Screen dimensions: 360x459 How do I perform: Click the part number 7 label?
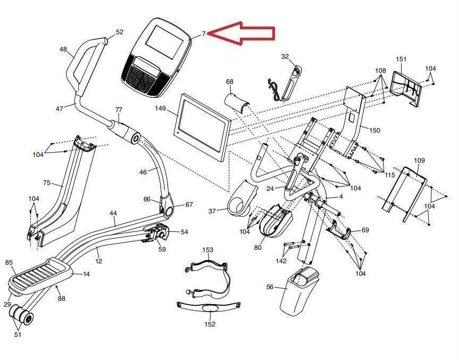(x=203, y=34)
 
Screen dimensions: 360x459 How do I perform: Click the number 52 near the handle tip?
(x=119, y=32)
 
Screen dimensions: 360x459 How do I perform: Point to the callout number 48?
(x=63, y=49)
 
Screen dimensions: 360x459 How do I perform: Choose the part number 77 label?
(x=119, y=110)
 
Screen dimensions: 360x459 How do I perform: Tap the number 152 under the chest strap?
(x=210, y=324)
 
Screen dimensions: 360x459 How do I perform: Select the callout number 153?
(x=207, y=249)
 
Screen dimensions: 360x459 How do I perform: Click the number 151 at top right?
(x=401, y=59)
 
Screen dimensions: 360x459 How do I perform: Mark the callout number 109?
(x=419, y=160)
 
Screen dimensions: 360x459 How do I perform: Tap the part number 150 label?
(x=375, y=130)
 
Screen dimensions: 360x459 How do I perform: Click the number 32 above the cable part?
(x=285, y=56)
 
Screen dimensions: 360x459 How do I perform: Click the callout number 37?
(x=212, y=211)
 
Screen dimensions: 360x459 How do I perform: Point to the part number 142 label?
(x=281, y=261)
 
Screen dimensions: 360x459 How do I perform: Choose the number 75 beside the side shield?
(x=47, y=183)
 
